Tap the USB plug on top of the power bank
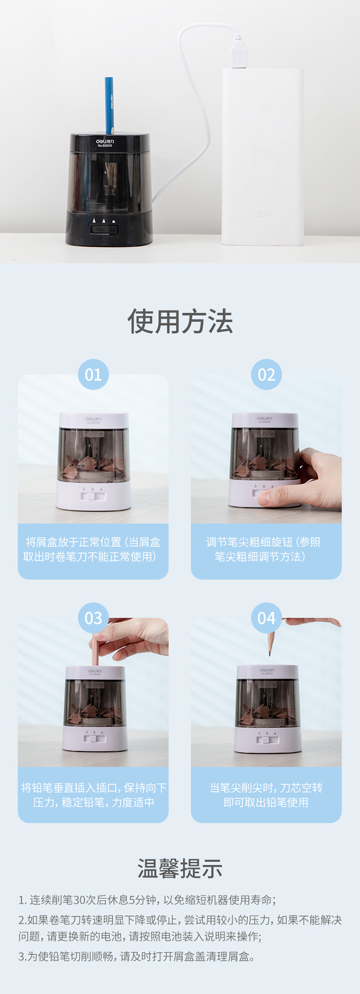click(x=239, y=52)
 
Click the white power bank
click(x=263, y=157)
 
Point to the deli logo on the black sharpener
click(x=105, y=142)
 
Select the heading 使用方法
click(x=180, y=321)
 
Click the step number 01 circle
click(x=93, y=375)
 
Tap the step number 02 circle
click(x=266, y=375)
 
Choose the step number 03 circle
click(x=93, y=618)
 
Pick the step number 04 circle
click(x=266, y=618)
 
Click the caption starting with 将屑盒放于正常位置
click(x=92, y=549)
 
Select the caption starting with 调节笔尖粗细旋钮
click(x=264, y=549)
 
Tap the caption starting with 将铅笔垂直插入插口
click(x=94, y=795)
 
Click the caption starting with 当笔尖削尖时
click(x=266, y=795)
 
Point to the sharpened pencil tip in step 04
click(x=270, y=652)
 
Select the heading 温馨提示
click(x=180, y=869)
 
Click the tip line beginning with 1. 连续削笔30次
click(x=147, y=900)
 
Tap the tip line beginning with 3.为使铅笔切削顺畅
click(x=137, y=957)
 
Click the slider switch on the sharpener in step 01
click(x=93, y=496)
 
